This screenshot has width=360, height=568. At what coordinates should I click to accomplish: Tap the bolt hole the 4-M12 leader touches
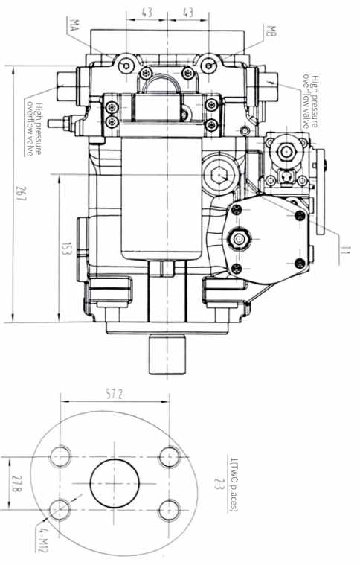pos(60,509)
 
